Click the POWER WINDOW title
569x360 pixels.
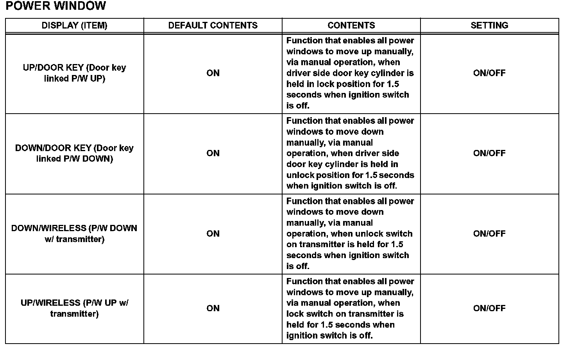pos(56,6)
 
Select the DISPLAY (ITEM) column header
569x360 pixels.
pos(74,26)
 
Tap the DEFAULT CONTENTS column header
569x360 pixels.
pos(213,26)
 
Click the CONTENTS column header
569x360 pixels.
pos(351,26)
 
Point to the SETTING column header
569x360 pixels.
pos(489,26)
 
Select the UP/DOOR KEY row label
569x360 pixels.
pos(74,73)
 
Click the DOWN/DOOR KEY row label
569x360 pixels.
pos(74,153)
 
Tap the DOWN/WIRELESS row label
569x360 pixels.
pos(74,233)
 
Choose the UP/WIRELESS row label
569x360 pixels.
pos(74,308)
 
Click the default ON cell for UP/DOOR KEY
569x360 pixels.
pos(213,73)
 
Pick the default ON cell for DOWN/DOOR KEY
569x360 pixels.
pos(213,153)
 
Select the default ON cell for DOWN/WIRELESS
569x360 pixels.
pos(213,233)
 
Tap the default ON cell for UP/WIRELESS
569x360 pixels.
pos(213,308)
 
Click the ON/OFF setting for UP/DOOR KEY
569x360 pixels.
pos(489,73)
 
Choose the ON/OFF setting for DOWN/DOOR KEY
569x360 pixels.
pos(489,153)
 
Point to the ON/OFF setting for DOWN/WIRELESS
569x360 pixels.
pos(489,233)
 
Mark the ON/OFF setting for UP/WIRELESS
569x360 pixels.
pos(489,308)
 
